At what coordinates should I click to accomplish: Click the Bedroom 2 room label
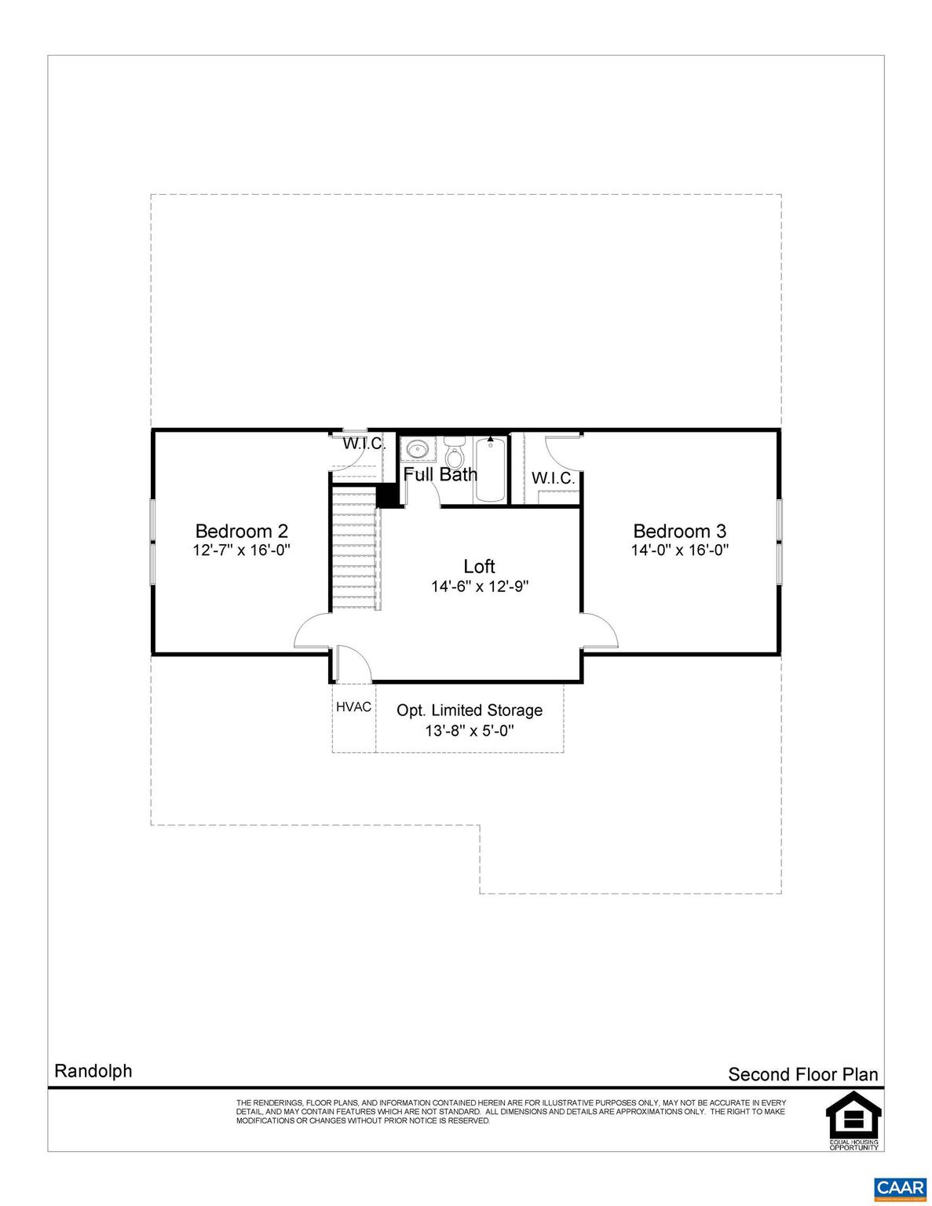coord(241,532)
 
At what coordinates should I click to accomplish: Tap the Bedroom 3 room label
coord(679,532)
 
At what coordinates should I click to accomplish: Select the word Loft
coord(479,566)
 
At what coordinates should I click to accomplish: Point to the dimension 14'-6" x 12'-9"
coord(479,586)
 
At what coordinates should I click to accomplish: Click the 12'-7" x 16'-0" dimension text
coord(241,550)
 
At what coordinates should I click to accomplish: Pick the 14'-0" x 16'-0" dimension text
coord(680,550)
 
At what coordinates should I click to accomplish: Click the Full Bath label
coord(440,474)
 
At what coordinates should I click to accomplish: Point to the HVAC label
coord(353,707)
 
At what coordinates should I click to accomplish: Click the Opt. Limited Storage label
coord(470,711)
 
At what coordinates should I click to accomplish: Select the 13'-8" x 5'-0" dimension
coord(470,731)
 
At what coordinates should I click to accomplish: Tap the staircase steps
coord(354,549)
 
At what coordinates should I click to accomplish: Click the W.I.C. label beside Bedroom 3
coord(553,478)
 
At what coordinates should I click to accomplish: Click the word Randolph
coord(93,1071)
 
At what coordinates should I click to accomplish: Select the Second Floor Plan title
coord(802,1074)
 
